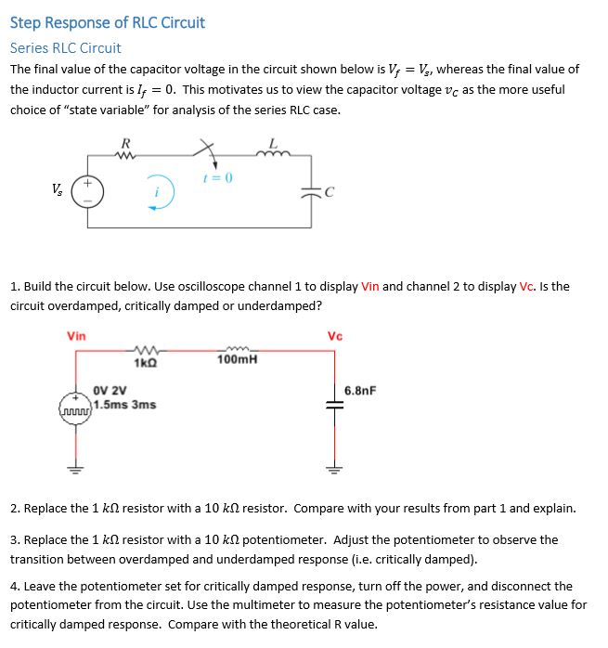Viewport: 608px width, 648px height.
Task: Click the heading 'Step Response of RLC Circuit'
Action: click(x=108, y=23)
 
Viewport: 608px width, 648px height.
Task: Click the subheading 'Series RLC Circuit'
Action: click(x=65, y=47)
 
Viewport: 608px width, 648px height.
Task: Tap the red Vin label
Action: click(x=76, y=336)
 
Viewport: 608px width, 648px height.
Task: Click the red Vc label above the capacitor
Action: click(x=335, y=336)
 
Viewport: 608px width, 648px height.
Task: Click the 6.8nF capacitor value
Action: click(x=360, y=391)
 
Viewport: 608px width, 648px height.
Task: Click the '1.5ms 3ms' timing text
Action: click(x=125, y=405)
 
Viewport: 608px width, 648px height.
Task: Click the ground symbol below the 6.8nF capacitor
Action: click(x=331, y=467)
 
